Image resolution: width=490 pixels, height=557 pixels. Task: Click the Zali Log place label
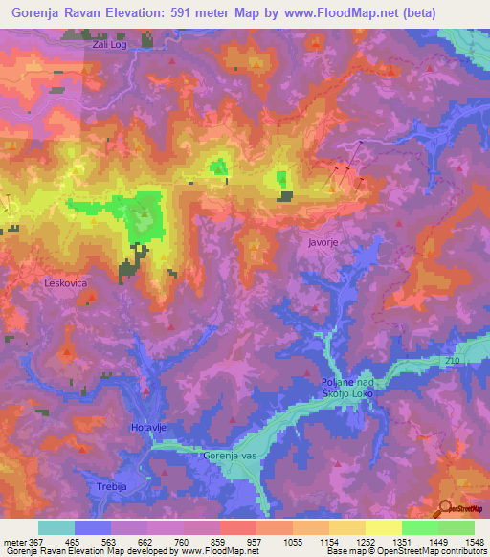pos(110,45)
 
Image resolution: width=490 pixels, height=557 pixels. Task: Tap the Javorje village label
pos(324,243)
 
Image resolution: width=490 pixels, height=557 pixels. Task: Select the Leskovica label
pos(66,284)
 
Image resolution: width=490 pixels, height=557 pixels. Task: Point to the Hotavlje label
pos(148,425)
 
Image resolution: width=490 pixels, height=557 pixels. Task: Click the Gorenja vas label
pos(229,456)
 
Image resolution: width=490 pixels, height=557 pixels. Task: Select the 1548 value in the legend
pos(464,542)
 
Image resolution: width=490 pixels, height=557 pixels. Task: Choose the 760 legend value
pos(174,542)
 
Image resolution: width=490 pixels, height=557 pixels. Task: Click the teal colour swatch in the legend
pos(56,527)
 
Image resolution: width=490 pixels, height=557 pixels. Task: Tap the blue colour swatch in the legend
pos(93,527)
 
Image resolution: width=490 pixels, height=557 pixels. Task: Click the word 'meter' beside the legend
pos(14,542)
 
